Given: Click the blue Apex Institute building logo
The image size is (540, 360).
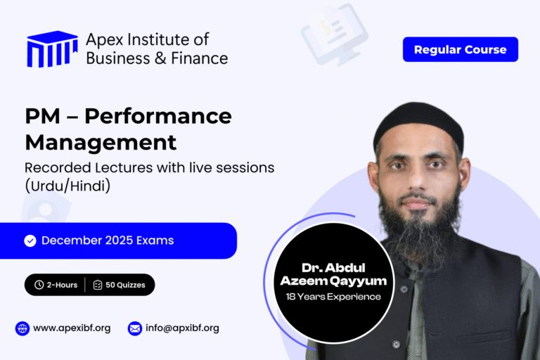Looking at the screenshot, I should coord(52,49).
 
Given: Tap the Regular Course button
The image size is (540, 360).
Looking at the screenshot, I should coord(460,49).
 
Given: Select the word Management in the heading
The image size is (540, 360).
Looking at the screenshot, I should coord(101,142).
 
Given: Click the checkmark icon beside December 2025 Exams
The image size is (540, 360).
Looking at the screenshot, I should coord(30,240).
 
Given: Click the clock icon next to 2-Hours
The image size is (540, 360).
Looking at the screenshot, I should coord(39,285).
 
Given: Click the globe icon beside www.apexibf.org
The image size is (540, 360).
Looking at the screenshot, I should coord(22,328).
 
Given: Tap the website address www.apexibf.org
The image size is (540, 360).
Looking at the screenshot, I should coord(72,328).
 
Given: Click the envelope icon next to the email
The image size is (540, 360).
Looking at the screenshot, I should coord(134,328).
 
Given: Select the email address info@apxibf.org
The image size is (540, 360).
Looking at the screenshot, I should coord(183,328).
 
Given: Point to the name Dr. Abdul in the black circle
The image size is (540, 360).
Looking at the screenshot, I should coord(334,268).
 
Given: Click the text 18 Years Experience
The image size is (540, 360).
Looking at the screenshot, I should coord(334,297).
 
